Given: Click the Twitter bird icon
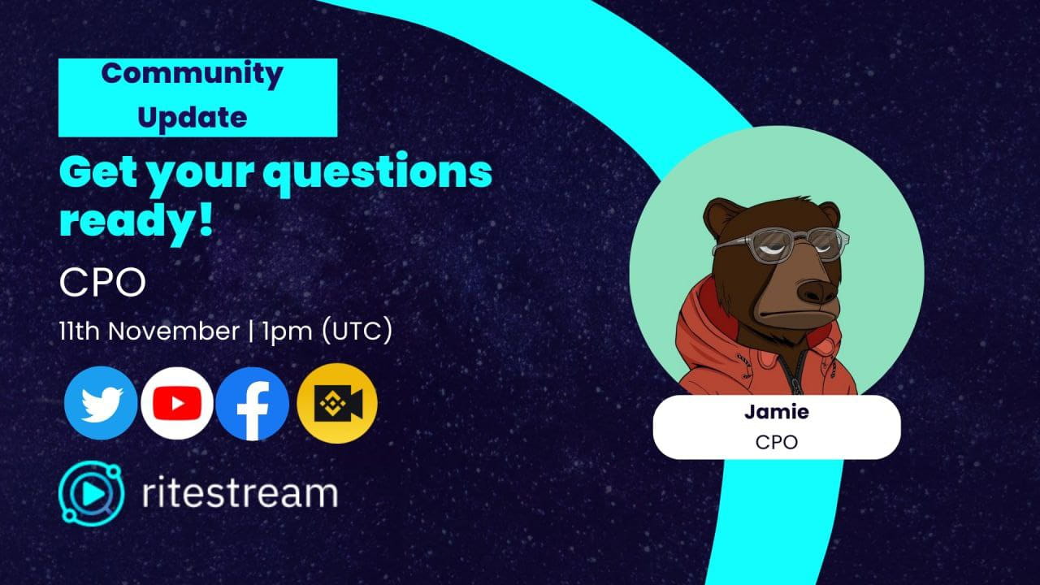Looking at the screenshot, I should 101,403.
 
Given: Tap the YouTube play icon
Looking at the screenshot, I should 177,403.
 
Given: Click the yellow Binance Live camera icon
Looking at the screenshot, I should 336,403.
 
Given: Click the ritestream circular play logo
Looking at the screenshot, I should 91,493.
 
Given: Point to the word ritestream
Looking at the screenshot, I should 239,492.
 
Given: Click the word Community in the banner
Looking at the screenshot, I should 193,74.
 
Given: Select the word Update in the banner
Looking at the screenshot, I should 193,118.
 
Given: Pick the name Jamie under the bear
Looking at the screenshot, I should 776,412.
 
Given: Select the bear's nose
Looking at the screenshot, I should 816,290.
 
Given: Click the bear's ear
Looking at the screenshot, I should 720,216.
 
